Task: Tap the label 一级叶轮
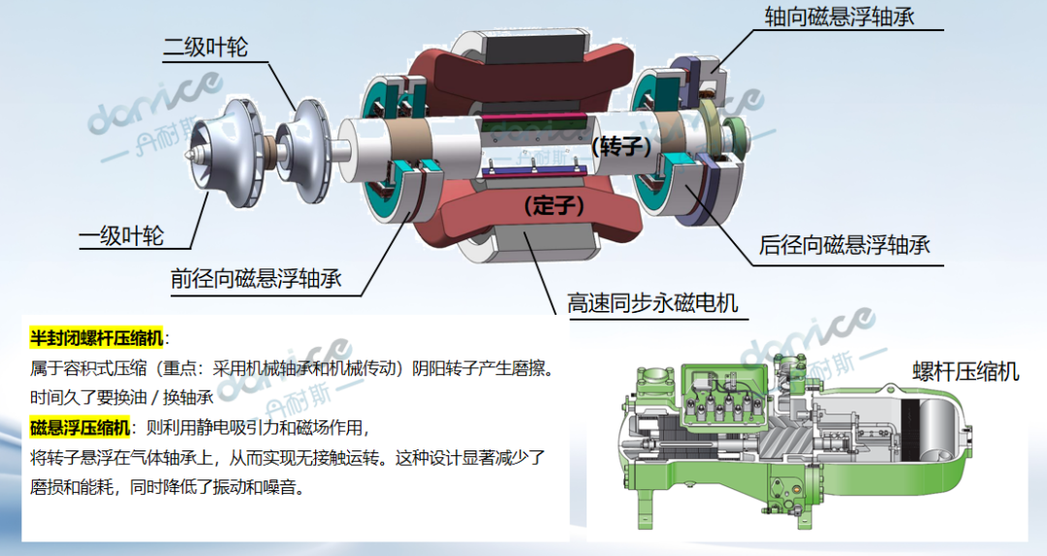[121, 235]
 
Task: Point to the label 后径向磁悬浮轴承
[844, 245]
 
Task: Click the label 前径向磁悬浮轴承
[256, 279]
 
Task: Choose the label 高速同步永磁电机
[652, 303]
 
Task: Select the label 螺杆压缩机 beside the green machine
[963, 372]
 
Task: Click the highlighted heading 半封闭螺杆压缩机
[97, 337]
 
